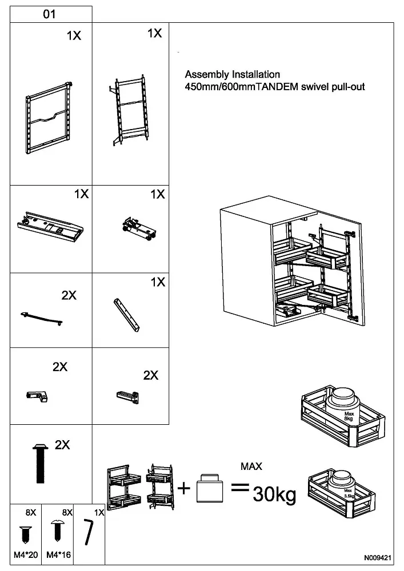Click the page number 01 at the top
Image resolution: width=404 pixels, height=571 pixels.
tap(50, 14)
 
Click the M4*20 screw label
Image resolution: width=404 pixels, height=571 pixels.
tap(25, 554)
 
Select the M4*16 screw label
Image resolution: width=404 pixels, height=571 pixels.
tap(58, 554)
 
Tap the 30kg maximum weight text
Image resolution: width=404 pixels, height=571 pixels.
tap(274, 494)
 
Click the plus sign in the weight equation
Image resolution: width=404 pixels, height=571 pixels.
tap(183, 488)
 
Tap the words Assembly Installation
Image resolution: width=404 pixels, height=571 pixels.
tap(232, 74)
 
